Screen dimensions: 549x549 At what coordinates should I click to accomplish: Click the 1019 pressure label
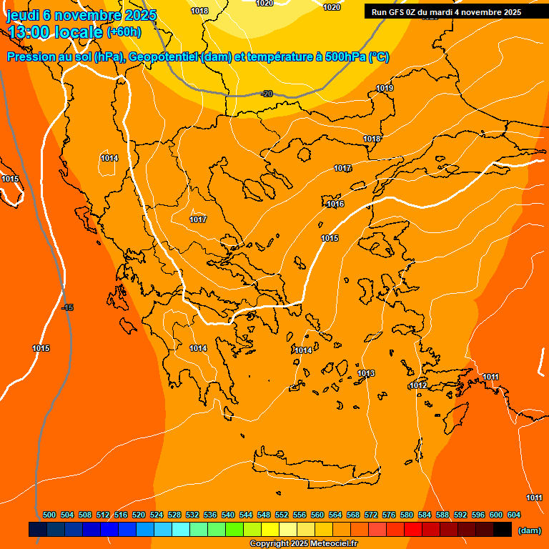tap(385, 88)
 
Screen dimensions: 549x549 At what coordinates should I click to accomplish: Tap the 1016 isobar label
tap(335, 204)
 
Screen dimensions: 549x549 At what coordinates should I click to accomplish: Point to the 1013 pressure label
tap(366, 373)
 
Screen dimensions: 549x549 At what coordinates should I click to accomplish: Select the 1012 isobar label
tap(418, 385)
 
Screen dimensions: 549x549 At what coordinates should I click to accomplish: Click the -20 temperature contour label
tap(267, 94)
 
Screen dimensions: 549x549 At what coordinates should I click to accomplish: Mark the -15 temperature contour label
tap(67, 307)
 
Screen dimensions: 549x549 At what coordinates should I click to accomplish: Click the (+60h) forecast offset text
tap(124, 31)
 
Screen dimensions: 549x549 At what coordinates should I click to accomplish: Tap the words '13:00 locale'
tap(55, 32)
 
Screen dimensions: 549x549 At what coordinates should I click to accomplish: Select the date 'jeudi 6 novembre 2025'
tap(81, 15)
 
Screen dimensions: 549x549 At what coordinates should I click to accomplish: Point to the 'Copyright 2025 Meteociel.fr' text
tap(302, 543)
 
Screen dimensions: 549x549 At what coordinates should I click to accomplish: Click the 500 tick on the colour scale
tap(49, 515)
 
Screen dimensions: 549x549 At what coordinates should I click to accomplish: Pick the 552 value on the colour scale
tap(282, 515)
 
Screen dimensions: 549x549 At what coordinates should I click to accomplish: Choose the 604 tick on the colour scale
tap(514, 515)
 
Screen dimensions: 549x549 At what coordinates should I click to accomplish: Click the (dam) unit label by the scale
tap(529, 530)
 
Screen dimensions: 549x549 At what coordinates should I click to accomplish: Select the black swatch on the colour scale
tap(503, 530)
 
